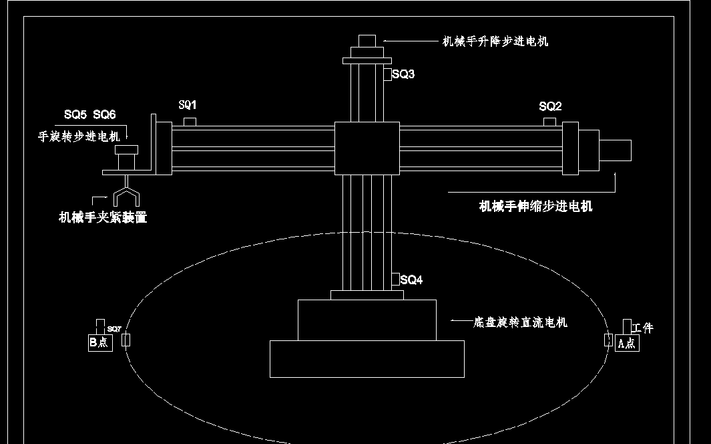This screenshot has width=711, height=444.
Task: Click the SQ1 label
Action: [188, 105]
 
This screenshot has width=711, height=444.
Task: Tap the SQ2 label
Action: [550, 106]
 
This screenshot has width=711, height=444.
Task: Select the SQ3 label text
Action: [403, 74]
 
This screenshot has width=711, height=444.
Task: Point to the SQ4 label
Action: [411, 280]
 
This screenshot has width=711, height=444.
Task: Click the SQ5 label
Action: [75, 115]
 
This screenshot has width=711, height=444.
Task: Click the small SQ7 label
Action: [114, 329]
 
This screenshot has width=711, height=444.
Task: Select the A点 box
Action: [626, 343]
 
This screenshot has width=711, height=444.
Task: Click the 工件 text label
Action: [642, 328]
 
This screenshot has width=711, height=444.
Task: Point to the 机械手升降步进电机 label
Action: [495, 41]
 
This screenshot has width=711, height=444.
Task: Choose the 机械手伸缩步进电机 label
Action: [535, 206]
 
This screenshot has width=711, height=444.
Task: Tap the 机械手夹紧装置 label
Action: [103, 217]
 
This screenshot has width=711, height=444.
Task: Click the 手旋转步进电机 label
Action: [79, 136]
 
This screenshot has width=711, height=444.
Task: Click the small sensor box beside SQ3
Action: [387, 74]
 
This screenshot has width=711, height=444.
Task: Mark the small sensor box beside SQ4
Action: [395, 279]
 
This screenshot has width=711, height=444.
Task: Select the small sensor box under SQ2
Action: [549, 121]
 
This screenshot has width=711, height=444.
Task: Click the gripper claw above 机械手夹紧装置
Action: [126, 194]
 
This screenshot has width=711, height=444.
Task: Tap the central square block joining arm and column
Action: [367, 148]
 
